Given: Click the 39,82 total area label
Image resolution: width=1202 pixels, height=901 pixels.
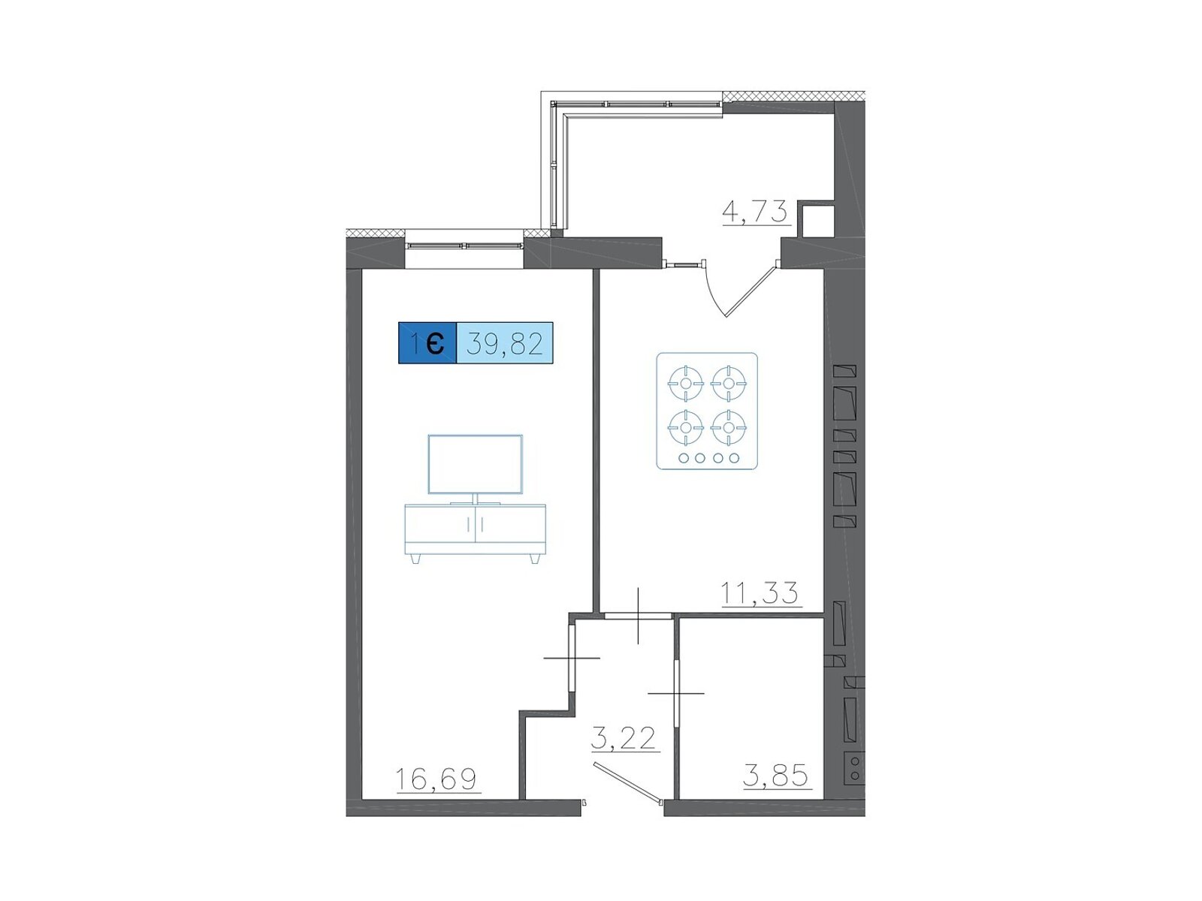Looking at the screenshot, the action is point(504,344).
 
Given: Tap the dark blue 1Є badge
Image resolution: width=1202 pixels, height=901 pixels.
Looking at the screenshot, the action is point(427,343).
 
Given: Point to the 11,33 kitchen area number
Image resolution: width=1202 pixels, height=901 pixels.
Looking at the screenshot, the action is point(760,593).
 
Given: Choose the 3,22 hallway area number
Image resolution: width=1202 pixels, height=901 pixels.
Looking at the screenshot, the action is point(624,739).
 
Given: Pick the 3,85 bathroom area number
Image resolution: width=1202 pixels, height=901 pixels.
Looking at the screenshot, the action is point(775,775).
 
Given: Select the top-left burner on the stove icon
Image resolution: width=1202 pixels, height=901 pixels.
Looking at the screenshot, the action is point(686,383).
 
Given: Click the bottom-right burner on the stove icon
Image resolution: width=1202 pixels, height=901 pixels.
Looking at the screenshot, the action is point(728,427).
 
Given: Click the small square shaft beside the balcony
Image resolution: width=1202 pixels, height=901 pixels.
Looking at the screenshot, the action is point(816,221).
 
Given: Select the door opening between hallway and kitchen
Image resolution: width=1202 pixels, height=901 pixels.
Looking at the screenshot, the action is point(638,616).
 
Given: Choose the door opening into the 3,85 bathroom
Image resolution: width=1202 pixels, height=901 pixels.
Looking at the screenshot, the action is point(676,693).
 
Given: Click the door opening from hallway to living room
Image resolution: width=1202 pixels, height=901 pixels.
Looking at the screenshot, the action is point(572,658).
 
